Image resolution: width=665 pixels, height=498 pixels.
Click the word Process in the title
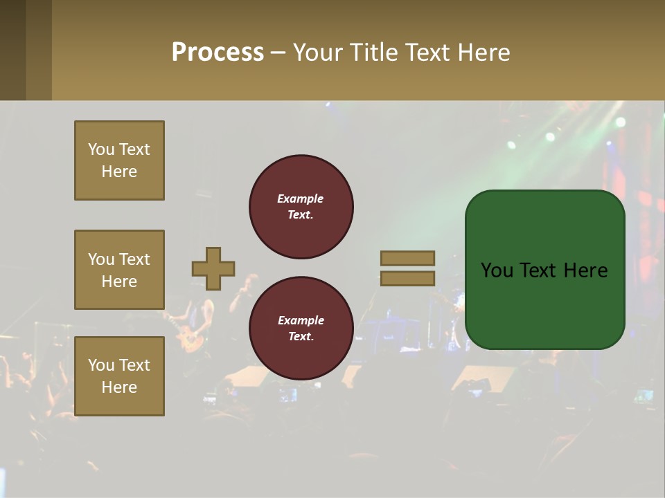pos(218,53)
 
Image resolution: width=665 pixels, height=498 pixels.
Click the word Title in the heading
pos(373,53)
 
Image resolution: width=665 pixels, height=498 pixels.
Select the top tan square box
pos(119,160)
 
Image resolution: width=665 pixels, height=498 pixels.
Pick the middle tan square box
pos(119,270)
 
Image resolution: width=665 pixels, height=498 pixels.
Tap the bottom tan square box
pos(119,376)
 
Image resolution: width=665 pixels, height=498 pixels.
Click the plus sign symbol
pos(213,268)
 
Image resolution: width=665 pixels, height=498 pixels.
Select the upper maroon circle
pos(301,206)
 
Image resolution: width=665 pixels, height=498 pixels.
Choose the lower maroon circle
pos(301,328)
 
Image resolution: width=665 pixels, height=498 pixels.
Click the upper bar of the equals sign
pos(407,258)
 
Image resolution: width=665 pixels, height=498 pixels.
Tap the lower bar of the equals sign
pos(407,278)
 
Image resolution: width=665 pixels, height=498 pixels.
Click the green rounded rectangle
pos(544,304)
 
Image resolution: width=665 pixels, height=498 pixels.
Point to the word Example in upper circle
pos(301,199)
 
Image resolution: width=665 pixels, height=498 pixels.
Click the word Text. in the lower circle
pos(301,337)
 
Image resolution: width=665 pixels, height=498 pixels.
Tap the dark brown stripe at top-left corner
pos(12,50)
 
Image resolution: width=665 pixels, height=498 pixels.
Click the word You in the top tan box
pos(101,149)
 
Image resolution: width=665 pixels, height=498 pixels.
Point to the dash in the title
pos(278,53)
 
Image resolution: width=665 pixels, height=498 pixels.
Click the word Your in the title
pos(319,53)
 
